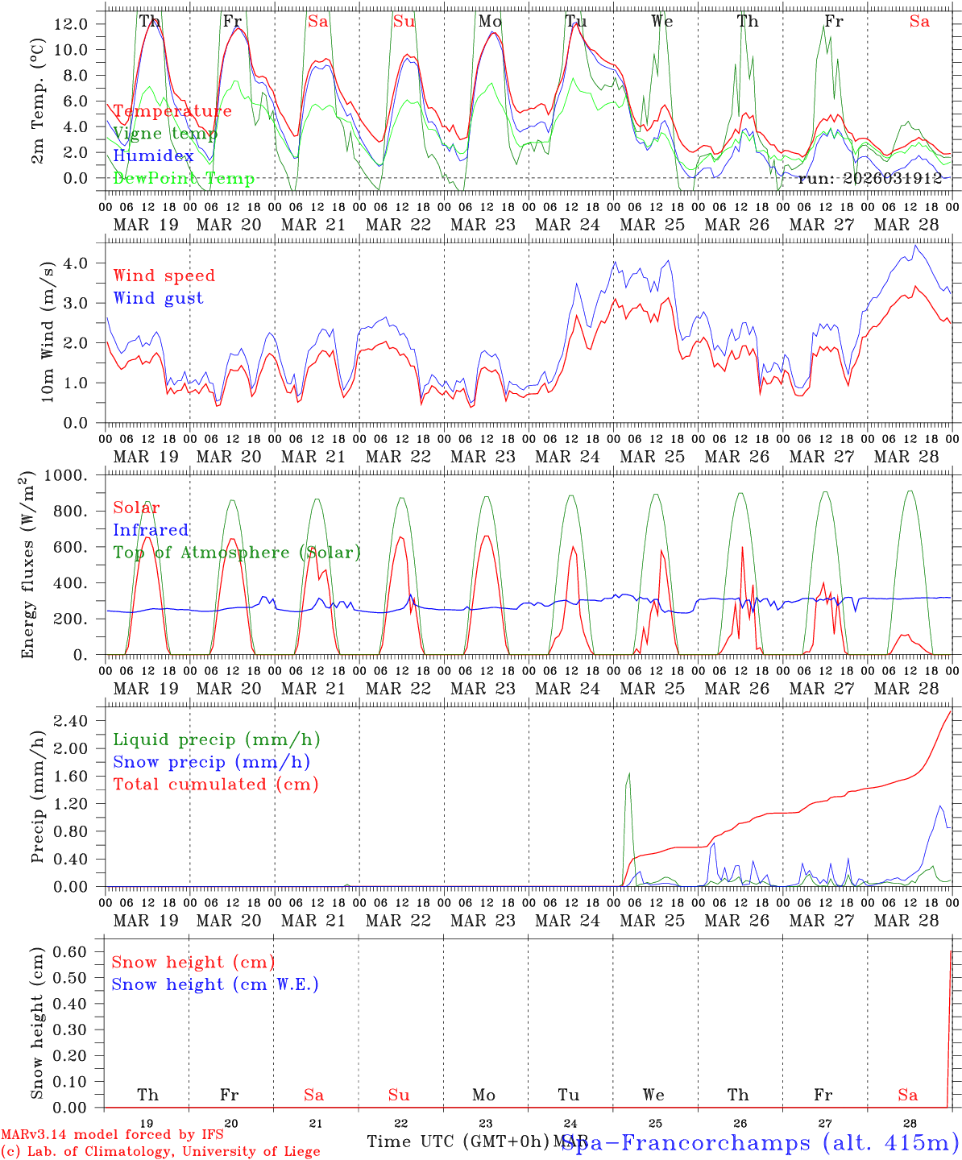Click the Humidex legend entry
pos(153,156)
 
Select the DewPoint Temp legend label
pos(184,178)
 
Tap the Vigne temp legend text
pos(165,134)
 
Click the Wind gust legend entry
pos(158,298)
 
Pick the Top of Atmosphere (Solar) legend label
pos(237,553)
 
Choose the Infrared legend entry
pos(151,530)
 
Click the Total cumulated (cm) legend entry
pos(216,784)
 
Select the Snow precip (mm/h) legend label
pos(211,762)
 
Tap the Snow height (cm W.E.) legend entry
pos(215,984)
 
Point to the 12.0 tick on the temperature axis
pos(71,24)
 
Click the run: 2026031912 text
pos(869,178)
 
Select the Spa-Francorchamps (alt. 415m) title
pos(761,1142)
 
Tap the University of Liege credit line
pos(160,1152)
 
